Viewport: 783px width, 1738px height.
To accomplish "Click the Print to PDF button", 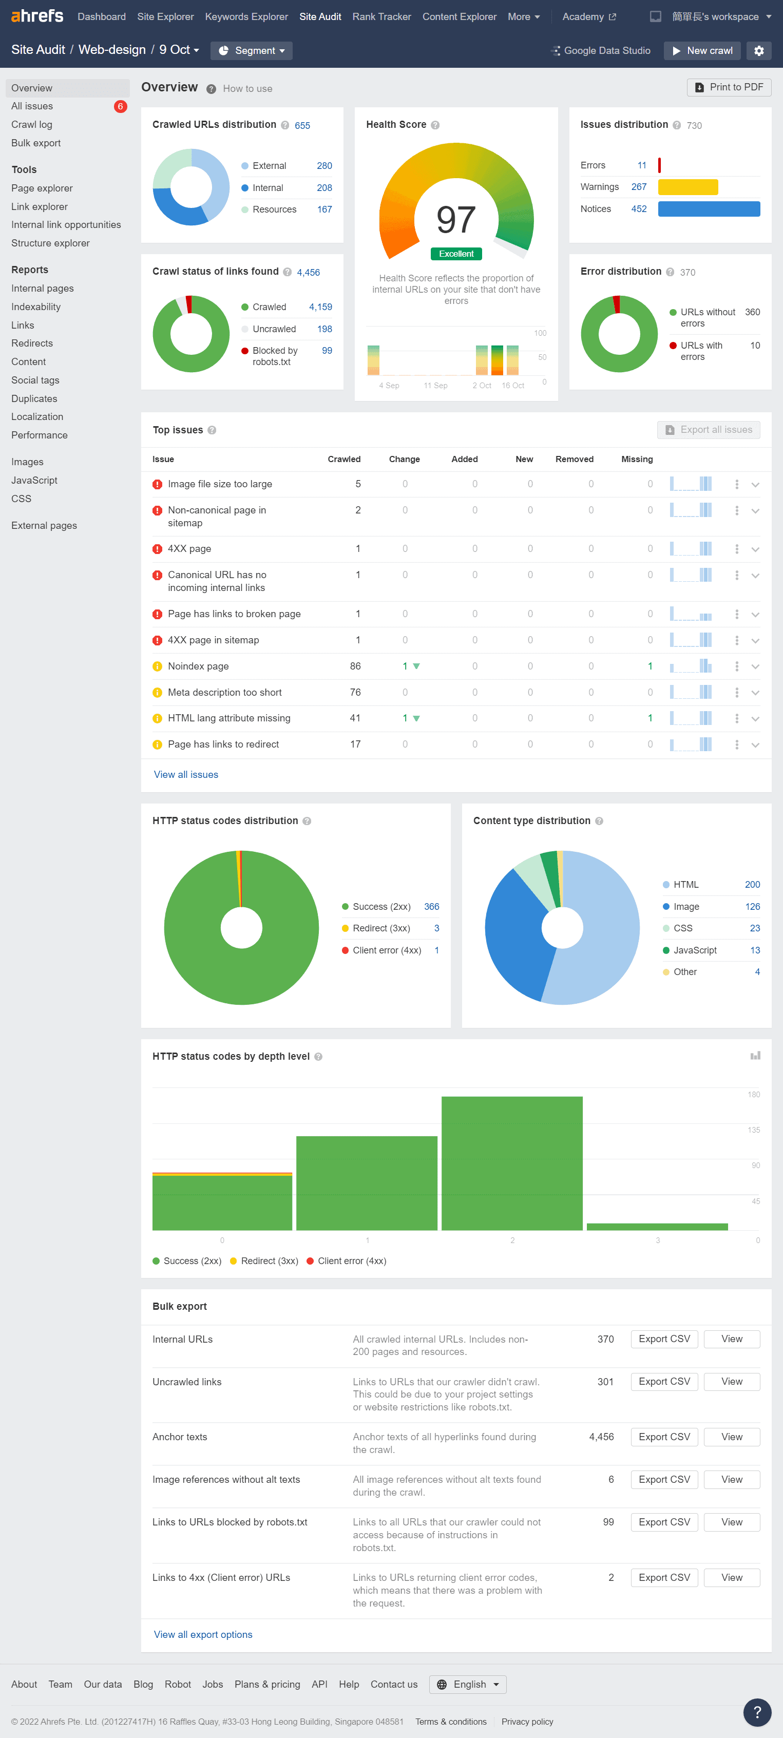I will click(729, 87).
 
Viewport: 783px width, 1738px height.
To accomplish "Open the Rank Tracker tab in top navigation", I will click(381, 16).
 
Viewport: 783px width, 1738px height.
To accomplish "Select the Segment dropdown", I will click(252, 51).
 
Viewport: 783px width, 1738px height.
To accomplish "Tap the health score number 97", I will click(456, 219).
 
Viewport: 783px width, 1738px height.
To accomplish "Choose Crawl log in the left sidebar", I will click(32, 124).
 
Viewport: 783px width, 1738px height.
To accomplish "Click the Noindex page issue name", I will click(198, 666).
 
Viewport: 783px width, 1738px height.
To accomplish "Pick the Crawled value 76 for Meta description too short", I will click(355, 692).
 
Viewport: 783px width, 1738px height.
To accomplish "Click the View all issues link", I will click(186, 775).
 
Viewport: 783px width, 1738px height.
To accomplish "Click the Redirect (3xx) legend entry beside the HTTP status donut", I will click(381, 928).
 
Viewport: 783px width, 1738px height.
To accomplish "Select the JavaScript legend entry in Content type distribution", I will click(695, 950).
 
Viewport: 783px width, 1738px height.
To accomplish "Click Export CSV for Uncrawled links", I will click(664, 1381).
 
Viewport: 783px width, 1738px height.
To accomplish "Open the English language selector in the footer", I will click(468, 1684).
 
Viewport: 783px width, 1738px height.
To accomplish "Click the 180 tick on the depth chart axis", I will click(753, 1094).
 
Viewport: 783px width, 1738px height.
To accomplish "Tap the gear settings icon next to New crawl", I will click(759, 51).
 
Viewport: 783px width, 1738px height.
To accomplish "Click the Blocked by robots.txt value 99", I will click(327, 350).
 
